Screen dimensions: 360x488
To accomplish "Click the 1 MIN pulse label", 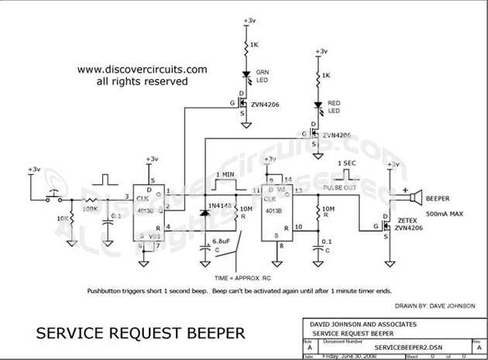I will coord(228,174).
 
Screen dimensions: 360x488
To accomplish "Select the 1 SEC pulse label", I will coord(346,164).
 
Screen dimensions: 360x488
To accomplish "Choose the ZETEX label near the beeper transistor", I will coord(407,220).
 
